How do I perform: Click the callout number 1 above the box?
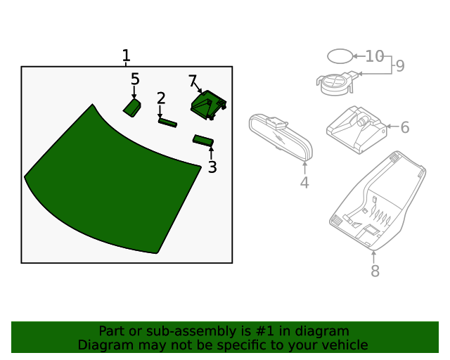(126, 56)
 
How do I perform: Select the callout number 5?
(135, 79)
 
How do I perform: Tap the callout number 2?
(161, 98)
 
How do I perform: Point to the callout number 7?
(193, 81)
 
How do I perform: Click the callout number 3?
(212, 167)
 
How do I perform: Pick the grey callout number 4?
(304, 183)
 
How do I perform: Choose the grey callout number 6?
(404, 127)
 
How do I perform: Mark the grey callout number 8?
(375, 271)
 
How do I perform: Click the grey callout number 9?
(400, 66)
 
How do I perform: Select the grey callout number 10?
(375, 56)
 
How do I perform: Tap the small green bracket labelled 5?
(132, 107)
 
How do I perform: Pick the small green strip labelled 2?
(167, 123)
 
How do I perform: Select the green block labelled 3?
(203, 140)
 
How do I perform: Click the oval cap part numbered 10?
(339, 56)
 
